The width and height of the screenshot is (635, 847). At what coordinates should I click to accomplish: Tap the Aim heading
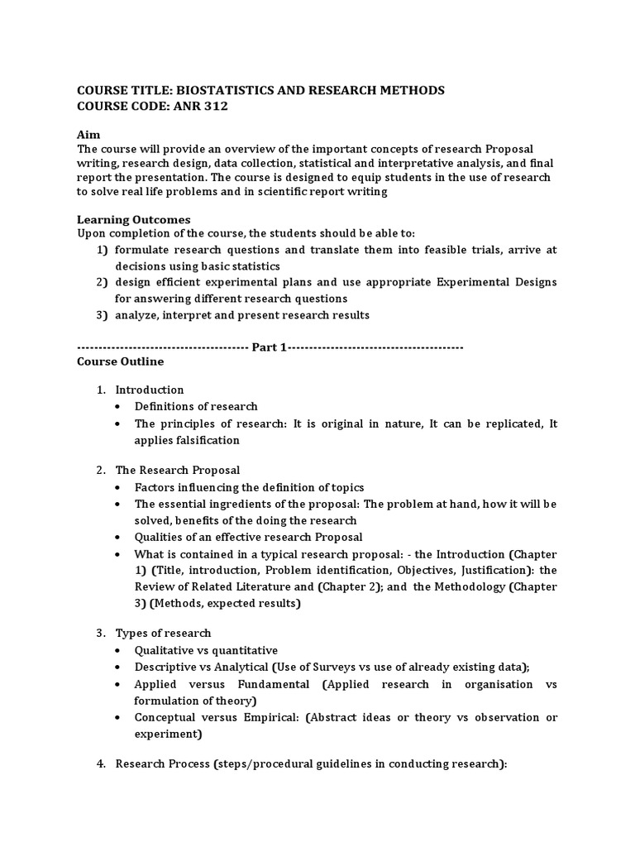click(88, 133)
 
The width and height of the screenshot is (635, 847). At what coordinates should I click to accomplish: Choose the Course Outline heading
click(120, 361)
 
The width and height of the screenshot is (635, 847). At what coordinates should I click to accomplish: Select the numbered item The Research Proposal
click(177, 470)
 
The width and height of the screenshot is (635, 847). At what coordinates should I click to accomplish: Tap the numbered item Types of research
click(163, 633)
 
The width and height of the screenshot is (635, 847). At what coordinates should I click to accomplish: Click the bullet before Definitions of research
click(120, 407)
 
